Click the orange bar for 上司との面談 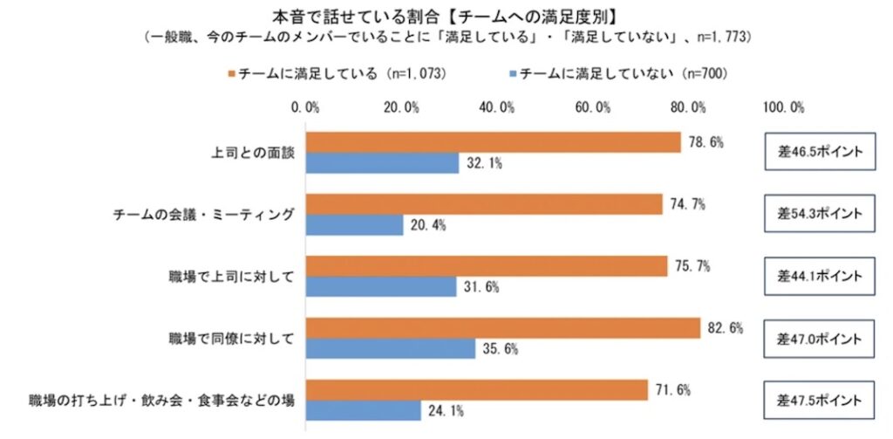click(493, 142)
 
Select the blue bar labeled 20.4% click(354, 225)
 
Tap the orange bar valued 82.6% click(502, 328)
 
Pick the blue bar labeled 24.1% click(363, 410)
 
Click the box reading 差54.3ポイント click(819, 214)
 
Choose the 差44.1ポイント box click(819, 276)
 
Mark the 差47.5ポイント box click(819, 401)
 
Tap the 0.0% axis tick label click(307, 107)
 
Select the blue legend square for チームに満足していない click(512, 75)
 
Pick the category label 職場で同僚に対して click(232, 339)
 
